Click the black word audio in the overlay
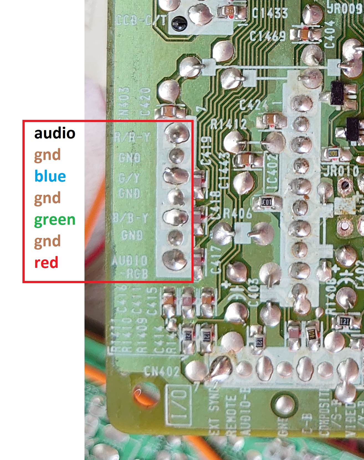(55, 133)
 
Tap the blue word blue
(50, 176)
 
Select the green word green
(55, 220)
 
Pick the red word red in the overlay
(46, 263)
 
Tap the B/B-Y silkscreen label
(131, 218)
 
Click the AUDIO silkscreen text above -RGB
(130, 260)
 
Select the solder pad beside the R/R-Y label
(176, 134)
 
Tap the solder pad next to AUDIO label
(174, 260)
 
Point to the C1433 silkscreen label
(270, 13)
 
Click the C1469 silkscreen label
(268, 36)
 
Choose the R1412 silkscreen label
(229, 124)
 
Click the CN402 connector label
(161, 371)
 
